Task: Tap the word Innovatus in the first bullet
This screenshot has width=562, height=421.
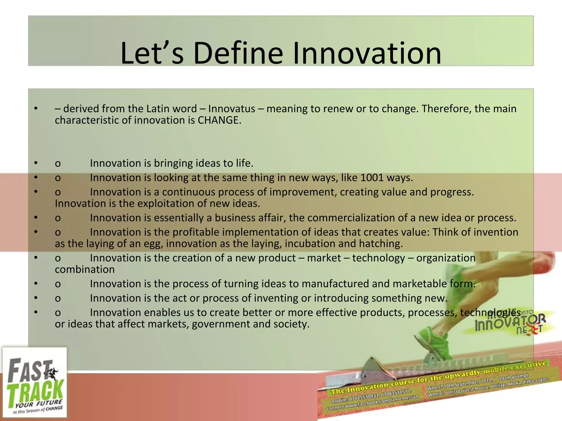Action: pyautogui.click(x=232, y=109)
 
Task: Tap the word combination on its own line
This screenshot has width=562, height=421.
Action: pyautogui.click(x=85, y=269)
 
